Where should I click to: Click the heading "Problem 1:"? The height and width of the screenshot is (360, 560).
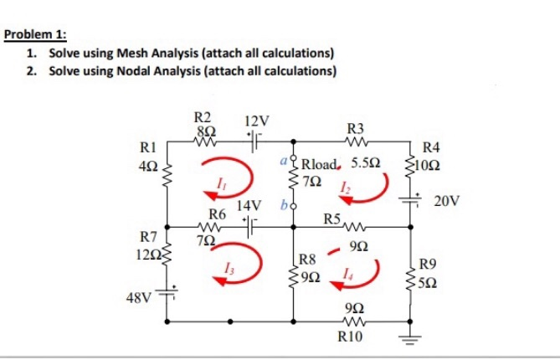pyautogui.click(x=35, y=36)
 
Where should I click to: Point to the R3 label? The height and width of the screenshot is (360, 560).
pyautogui.click(x=356, y=128)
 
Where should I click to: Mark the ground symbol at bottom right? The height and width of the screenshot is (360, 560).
pyautogui.click(x=409, y=341)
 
